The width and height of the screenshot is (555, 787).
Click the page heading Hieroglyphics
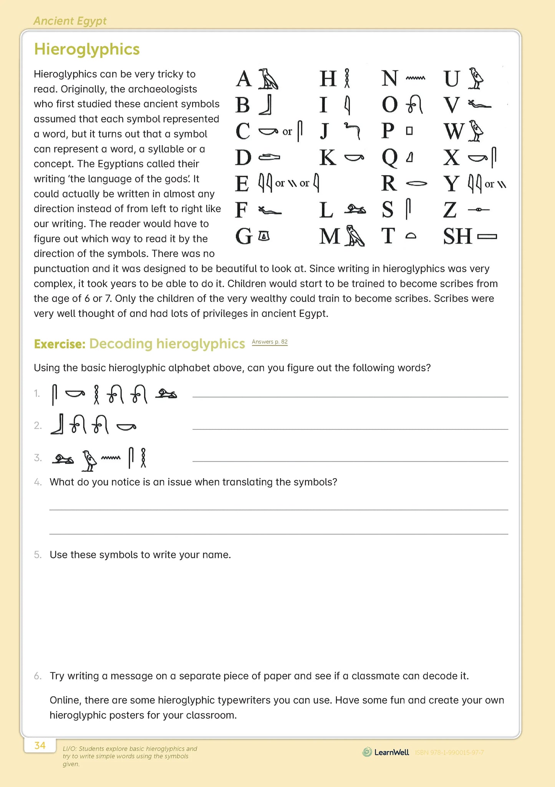[x=87, y=50]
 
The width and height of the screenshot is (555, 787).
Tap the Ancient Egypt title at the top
[x=70, y=21]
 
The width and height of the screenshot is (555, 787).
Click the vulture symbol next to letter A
[x=268, y=79]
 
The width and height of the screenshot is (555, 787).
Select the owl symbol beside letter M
[x=355, y=235]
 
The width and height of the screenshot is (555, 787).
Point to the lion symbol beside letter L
[x=355, y=210]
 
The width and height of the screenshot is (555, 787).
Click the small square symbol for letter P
[x=409, y=131]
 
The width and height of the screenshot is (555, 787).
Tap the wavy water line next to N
[x=415, y=78]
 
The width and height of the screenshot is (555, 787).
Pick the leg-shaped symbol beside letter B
[x=266, y=105]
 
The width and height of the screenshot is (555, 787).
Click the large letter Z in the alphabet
[x=450, y=210]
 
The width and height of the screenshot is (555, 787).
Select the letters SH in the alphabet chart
[x=457, y=236]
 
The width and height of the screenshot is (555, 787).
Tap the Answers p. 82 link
[x=270, y=342]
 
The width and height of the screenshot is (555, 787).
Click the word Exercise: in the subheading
[x=59, y=344]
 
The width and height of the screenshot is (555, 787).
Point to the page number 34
[x=40, y=746]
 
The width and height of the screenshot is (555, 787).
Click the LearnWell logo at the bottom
[x=386, y=752]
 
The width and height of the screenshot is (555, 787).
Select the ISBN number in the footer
[x=449, y=752]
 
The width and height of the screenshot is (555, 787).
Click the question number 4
[x=38, y=482]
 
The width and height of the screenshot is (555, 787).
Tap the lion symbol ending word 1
[x=166, y=394]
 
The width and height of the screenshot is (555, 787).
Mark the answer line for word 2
[x=350, y=428]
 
